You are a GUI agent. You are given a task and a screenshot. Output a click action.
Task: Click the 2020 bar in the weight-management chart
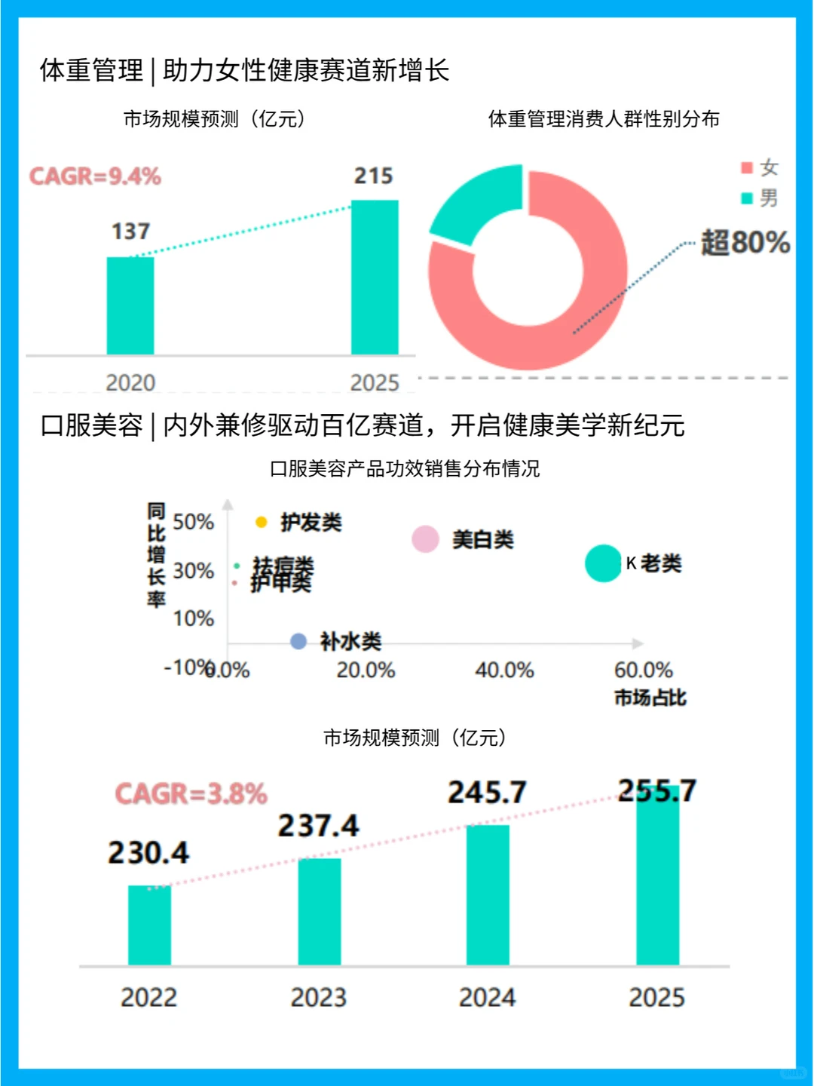130,305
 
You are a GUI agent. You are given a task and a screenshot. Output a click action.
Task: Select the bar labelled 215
375,277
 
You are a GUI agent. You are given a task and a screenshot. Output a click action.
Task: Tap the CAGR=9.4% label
95,176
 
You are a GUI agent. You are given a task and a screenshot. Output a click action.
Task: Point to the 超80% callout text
745,243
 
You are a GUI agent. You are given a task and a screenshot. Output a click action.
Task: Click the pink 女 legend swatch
747,167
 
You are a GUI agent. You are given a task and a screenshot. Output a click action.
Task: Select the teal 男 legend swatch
747,198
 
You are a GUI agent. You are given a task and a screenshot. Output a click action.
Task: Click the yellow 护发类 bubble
262,522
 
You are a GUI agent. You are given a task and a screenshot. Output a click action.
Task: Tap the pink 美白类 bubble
425,539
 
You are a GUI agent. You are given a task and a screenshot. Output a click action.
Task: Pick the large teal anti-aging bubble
603,563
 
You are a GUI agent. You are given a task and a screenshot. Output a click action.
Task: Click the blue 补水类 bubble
298,641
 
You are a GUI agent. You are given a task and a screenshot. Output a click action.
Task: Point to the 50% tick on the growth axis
193,522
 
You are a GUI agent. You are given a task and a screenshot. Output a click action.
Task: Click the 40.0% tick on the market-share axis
504,670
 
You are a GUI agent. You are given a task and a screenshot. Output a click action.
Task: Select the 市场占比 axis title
650,698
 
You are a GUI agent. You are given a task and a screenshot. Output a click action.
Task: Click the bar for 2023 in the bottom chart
319,912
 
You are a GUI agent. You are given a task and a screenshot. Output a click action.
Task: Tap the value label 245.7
487,793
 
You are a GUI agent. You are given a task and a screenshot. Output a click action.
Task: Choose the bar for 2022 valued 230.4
149,925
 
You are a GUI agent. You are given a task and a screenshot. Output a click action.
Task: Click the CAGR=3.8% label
191,793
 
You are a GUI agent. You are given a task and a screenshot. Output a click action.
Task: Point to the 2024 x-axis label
487,998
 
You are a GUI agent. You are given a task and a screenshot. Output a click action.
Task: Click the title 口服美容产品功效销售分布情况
405,468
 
